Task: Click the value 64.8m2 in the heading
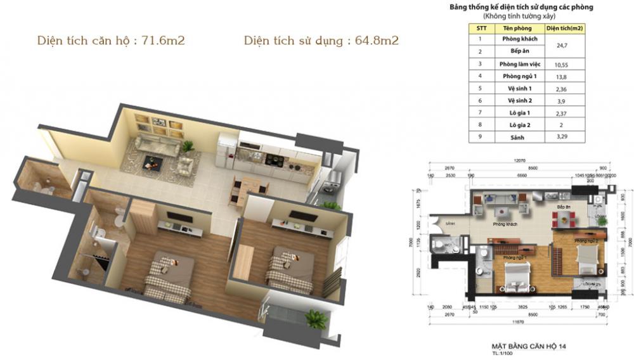tap(377, 41)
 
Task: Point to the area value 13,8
tap(559, 76)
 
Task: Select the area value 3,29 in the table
tap(559, 136)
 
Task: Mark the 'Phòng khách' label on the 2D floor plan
tap(505, 224)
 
